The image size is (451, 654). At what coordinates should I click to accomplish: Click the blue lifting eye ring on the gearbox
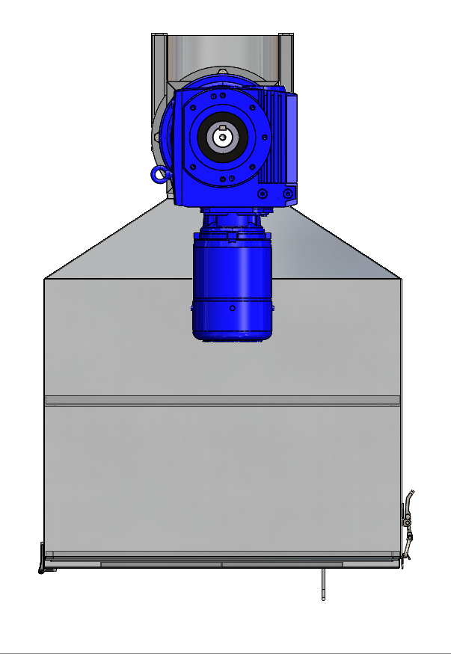click(x=159, y=174)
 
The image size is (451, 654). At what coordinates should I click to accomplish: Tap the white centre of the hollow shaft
click(x=221, y=138)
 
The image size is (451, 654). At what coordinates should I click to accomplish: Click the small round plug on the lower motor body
click(x=233, y=307)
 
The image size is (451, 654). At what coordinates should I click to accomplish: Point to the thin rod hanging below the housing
click(x=322, y=584)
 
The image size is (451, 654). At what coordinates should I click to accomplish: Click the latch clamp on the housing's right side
click(x=408, y=523)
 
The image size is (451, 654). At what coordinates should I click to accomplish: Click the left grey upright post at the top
click(x=159, y=60)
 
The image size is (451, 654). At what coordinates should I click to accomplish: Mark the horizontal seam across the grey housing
click(x=222, y=400)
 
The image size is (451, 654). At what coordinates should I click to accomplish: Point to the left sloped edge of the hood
click(x=105, y=241)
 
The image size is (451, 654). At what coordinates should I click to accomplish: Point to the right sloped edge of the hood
click(x=344, y=241)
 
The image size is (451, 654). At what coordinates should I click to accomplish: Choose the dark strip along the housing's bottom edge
click(x=221, y=564)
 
